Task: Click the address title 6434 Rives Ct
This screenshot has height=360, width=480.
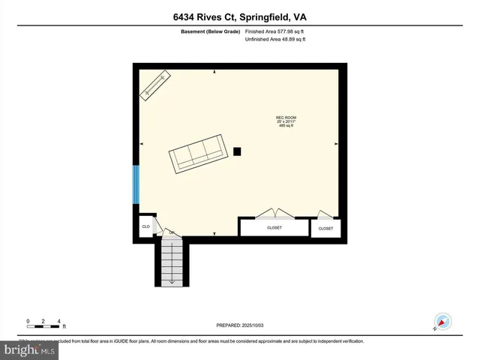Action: pyautogui.click(x=239, y=17)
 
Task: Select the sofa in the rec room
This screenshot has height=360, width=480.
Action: pyautogui.click(x=198, y=154)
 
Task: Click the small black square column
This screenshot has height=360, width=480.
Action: pyautogui.click(x=237, y=151)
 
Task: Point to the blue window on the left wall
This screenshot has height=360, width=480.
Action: pyautogui.click(x=136, y=184)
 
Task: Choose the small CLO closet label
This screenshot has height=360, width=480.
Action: pyautogui.click(x=145, y=226)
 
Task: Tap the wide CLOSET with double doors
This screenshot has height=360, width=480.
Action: pyautogui.click(x=274, y=227)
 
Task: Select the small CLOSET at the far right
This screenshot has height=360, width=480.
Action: pyautogui.click(x=325, y=228)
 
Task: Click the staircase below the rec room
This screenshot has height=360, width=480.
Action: pyautogui.click(x=172, y=262)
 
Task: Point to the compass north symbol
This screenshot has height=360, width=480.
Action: pyautogui.click(x=442, y=321)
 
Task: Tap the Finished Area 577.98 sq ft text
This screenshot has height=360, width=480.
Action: pyautogui.click(x=275, y=31)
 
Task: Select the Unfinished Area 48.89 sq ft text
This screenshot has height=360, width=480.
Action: pyautogui.click(x=275, y=39)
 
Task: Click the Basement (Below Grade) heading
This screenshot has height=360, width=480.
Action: pyautogui.click(x=211, y=31)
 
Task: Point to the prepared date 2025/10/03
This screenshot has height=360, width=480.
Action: pyautogui.click(x=240, y=325)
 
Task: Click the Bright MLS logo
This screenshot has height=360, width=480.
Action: pyautogui.click(x=29, y=349)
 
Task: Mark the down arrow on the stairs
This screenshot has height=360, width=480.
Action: pyautogui.click(x=172, y=280)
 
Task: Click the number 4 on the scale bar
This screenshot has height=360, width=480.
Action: pyautogui.click(x=58, y=321)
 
